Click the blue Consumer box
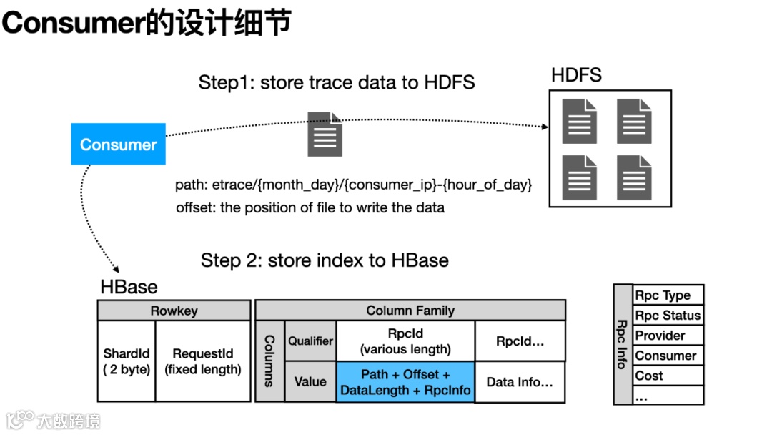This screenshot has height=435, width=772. click(x=118, y=145)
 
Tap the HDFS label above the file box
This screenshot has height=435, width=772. click(x=576, y=75)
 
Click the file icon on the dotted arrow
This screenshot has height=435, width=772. click(x=325, y=135)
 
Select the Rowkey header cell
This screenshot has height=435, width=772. click(x=174, y=311)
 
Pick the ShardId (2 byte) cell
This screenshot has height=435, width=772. click(x=127, y=361)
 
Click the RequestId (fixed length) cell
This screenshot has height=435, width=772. click(x=203, y=361)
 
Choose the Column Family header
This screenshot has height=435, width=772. click(x=410, y=311)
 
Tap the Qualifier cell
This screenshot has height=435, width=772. click(x=310, y=341)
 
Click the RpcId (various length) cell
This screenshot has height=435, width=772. click(x=405, y=341)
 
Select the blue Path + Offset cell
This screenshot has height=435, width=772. click(x=405, y=382)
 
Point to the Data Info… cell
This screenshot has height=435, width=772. click(x=520, y=382)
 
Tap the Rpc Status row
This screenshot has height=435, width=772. click(x=668, y=316)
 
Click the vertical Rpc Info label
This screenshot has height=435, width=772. click(x=623, y=344)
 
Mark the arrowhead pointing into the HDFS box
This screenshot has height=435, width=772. click(x=545, y=127)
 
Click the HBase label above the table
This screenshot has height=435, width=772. click(x=129, y=287)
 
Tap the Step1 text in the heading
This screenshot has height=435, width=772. click(x=219, y=82)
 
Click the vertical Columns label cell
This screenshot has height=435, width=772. click(x=269, y=361)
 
